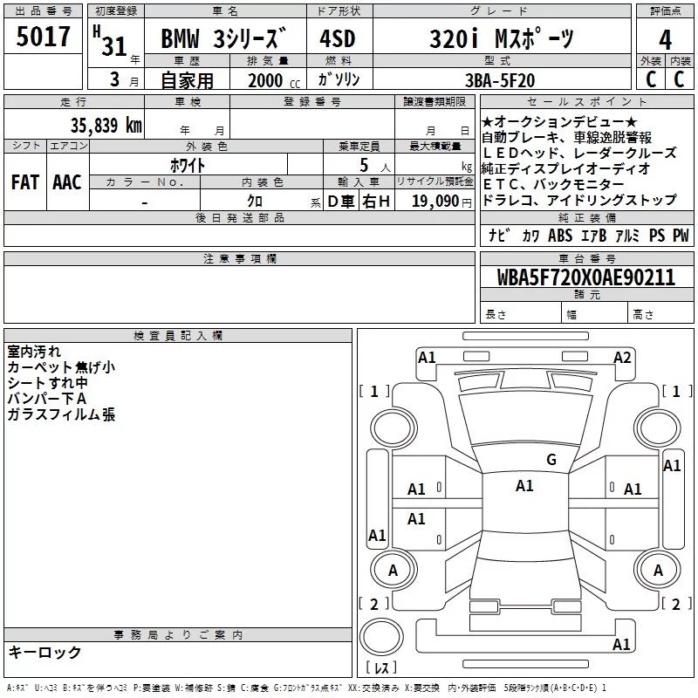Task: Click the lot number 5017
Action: [x=43, y=37]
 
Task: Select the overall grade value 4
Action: [x=665, y=40]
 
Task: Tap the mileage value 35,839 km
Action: [x=106, y=125]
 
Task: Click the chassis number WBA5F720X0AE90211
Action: [x=585, y=277]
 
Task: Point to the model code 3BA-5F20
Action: [x=499, y=80]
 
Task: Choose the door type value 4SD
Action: [x=338, y=38]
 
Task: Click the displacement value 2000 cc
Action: [x=274, y=80]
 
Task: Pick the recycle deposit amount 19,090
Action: [x=435, y=202]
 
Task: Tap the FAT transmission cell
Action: [x=25, y=182]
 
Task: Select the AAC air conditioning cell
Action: [x=67, y=182]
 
